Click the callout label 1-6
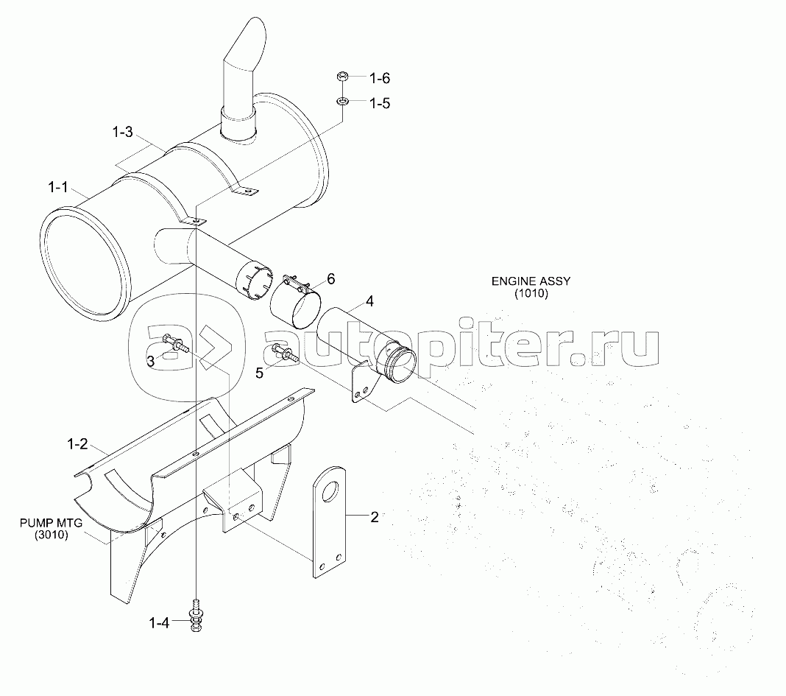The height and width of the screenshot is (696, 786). (x=380, y=77)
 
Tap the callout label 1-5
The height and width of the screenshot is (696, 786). (x=380, y=102)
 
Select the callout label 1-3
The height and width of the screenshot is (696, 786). (x=123, y=132)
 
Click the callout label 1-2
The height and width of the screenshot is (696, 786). (x=77, y=444)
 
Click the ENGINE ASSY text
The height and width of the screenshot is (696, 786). (x=531, y=281)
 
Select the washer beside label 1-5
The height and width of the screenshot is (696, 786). (x=342, y=100)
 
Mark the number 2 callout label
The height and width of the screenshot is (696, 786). (x=374, y=517)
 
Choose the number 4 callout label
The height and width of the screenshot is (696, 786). (x=369, y=301)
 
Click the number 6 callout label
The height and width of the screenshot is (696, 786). (x=330, y=279)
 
